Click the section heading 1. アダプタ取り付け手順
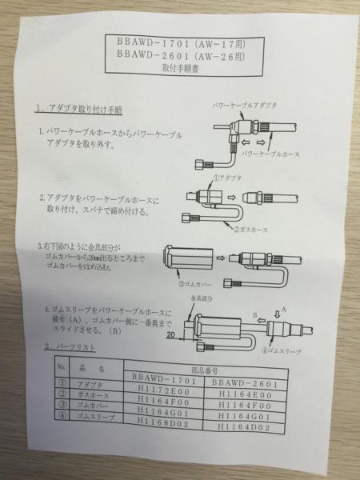[x=79, y=108]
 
